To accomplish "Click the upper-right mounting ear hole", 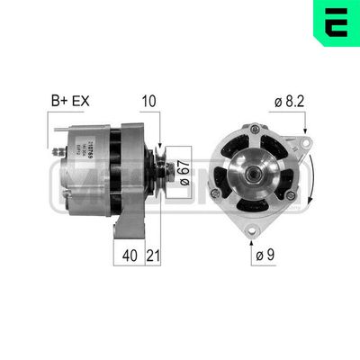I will [305, 141].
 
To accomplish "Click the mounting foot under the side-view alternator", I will [126, 225].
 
